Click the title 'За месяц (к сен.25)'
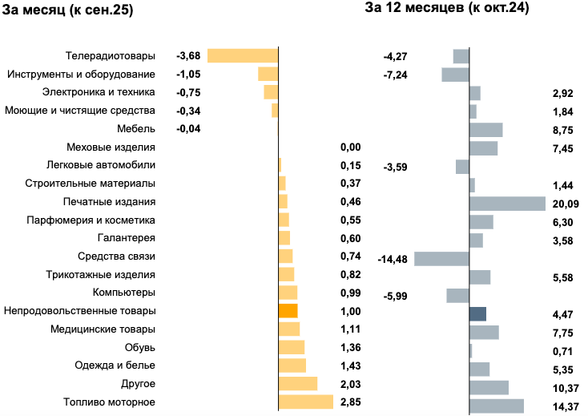68,11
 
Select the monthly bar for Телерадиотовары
242,55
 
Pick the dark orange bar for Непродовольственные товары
288,311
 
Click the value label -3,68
187,56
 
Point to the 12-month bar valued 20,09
507,204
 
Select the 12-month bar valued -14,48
441,259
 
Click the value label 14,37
566,407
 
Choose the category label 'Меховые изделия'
111,147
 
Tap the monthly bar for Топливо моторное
305,402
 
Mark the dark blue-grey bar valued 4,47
477,314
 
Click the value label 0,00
350,147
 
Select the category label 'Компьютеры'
124,293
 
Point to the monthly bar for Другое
298,384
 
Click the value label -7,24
397,75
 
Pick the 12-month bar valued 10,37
489,388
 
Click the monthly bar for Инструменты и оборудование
268,74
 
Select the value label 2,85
350,402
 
